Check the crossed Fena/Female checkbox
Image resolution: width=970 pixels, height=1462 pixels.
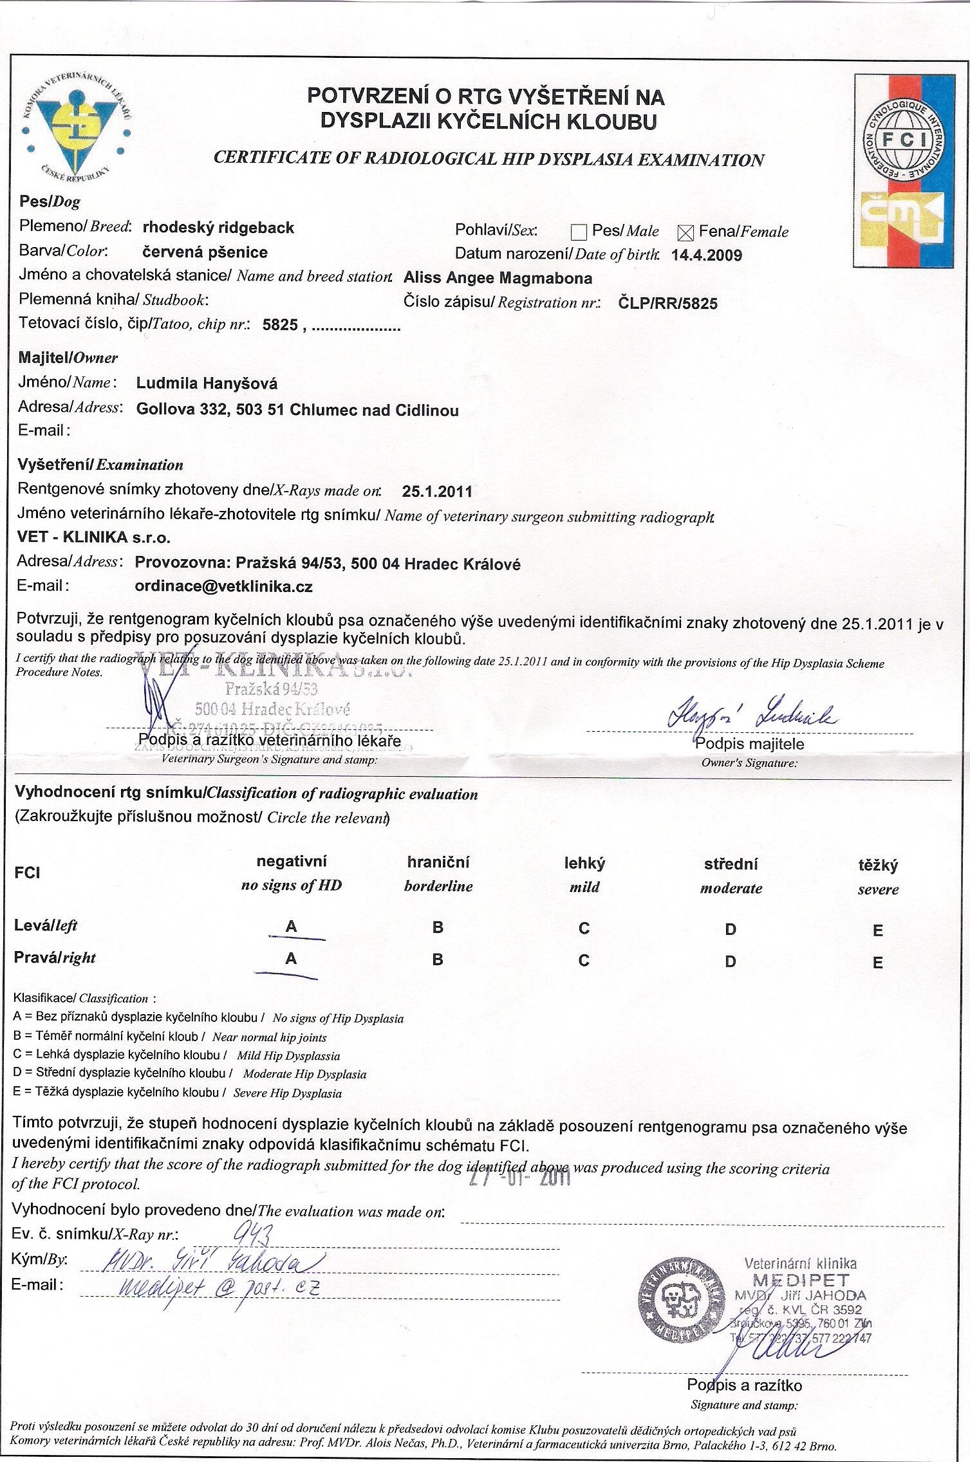click(686, 233)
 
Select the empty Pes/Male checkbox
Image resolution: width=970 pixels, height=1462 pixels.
click(579, 232)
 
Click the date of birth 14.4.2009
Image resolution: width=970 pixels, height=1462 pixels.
click(706, 255)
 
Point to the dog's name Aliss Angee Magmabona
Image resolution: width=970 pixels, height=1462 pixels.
click(498, 278)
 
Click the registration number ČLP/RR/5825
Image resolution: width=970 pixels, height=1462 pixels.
click(667, 303)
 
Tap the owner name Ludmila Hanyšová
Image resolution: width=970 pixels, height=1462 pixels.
click(207, 384)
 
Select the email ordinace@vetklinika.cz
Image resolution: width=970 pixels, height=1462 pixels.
click(223, 586)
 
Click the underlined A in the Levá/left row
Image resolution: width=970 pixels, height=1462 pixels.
click(291, 927)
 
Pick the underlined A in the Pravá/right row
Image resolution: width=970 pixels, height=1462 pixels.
click(291, 959)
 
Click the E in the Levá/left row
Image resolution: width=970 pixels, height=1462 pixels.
click(878, 930)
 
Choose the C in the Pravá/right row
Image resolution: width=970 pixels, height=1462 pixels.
click(584, 961)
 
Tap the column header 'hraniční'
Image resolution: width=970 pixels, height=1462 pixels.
click(438, 862)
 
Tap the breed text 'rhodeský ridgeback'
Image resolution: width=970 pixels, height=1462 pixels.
click(218, 228)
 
